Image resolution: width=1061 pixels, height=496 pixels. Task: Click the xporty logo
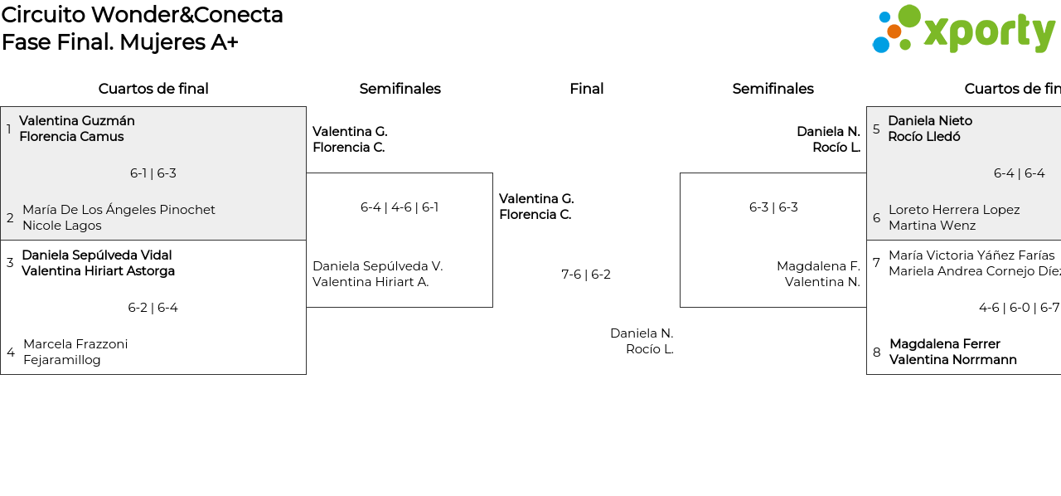[x=963, y=30]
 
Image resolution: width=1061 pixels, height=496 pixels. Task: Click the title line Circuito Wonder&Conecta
[x=143, y=15]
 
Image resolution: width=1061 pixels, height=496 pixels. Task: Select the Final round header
[x=586, y=89]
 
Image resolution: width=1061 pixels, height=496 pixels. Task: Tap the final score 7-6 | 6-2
[x=586, y=275]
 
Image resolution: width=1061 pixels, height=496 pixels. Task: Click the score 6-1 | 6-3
[x=153, y=173]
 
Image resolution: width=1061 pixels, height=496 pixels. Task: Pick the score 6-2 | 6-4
[x=153, y=308]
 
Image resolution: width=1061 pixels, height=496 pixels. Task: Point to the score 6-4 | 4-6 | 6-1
[x=400, y=207]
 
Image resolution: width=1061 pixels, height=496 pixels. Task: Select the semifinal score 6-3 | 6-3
[x=773, y=207]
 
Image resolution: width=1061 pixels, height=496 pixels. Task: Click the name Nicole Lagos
[x=62, y=226]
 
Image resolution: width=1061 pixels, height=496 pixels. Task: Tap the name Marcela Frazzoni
[x=75, y=344]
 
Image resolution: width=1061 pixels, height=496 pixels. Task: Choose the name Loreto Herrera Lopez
[x=954, y=210]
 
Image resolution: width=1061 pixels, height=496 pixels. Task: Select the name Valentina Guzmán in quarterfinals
[x=77, y=121]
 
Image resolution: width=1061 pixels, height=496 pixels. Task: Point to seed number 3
[x=10, y=263]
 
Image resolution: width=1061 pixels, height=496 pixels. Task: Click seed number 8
[x=877, y=353]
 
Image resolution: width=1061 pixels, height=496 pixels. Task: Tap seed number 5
[x=876, y=129]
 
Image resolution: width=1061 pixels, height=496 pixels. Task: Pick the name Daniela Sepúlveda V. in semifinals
[x=378, y=266]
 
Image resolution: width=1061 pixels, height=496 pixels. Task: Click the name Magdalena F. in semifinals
[x=818, y=266]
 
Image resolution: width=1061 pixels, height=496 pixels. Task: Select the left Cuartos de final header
[x=153, y=89]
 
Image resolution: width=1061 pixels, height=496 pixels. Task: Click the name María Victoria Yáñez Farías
[x=971, y=255]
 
